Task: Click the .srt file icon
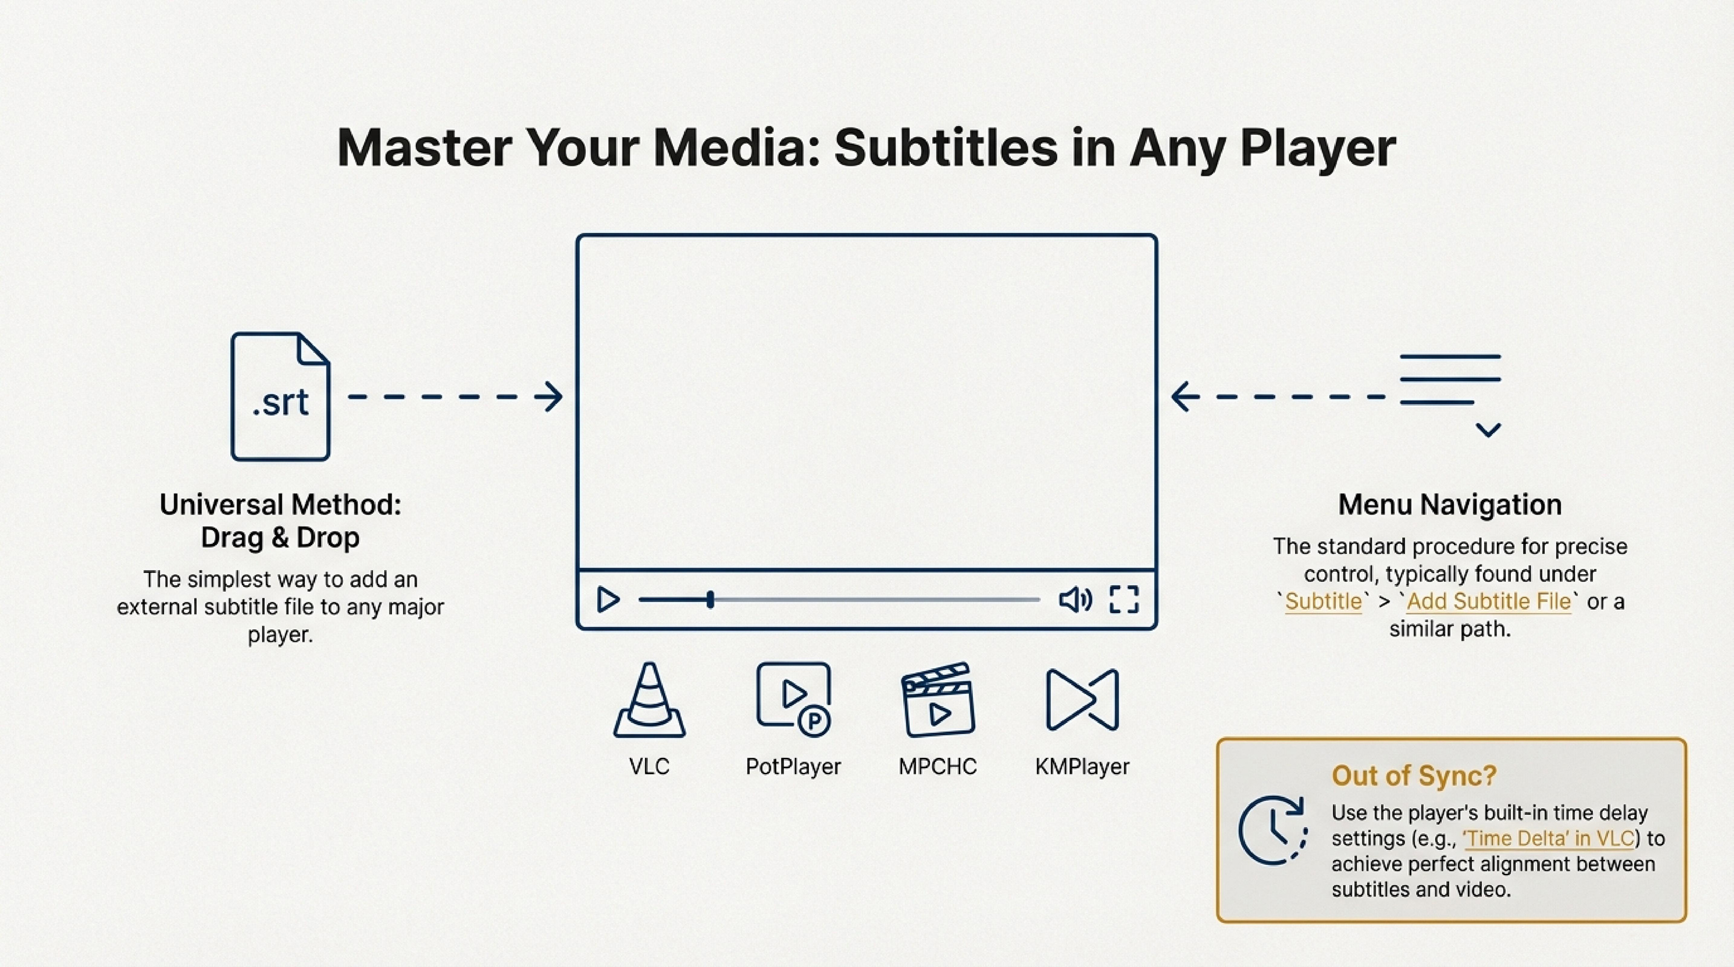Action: (280, 396)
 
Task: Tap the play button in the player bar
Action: (608, 599)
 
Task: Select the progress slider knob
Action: (710, 599)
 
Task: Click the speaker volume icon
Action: (1074, 599)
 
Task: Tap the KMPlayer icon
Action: (1082, 700)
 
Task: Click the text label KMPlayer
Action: (1082, 766)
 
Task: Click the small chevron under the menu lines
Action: (1488, 429)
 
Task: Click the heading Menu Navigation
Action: (1449, 505)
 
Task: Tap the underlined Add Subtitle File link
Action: (1489, 601)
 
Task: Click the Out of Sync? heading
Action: (1414, 776)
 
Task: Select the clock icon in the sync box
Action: (1272, 830)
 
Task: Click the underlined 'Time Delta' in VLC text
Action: (1548, 838)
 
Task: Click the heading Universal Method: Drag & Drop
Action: (280, 521)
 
